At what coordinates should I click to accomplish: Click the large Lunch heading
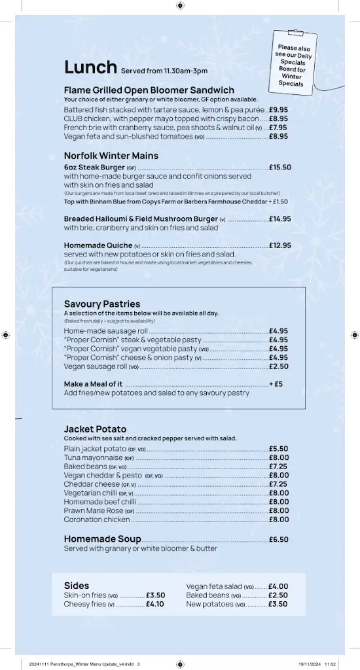coord(90,67)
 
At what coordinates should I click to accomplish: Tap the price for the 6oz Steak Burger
coord(279,167)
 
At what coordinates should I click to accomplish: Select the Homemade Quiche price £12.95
coord(279,245)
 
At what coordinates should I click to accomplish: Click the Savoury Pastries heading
coord(102,304)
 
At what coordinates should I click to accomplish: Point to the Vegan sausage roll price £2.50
coord(278,366)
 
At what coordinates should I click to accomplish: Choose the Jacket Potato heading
coord(95,429)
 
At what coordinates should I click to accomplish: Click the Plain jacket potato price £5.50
coord(278,449)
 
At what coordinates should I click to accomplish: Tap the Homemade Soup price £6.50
coord(278,540)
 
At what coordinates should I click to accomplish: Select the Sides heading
coord(77,585)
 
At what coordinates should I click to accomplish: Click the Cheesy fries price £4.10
coord(154,604)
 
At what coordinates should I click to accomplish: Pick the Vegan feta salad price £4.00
coord(278,586)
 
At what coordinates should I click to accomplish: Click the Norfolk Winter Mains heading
coord(111,156)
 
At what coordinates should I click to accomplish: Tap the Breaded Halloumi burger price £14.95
coord(279,219)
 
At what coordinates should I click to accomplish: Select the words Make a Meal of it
coord(93,384)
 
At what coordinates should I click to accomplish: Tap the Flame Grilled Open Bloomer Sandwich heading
coord(149,90)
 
